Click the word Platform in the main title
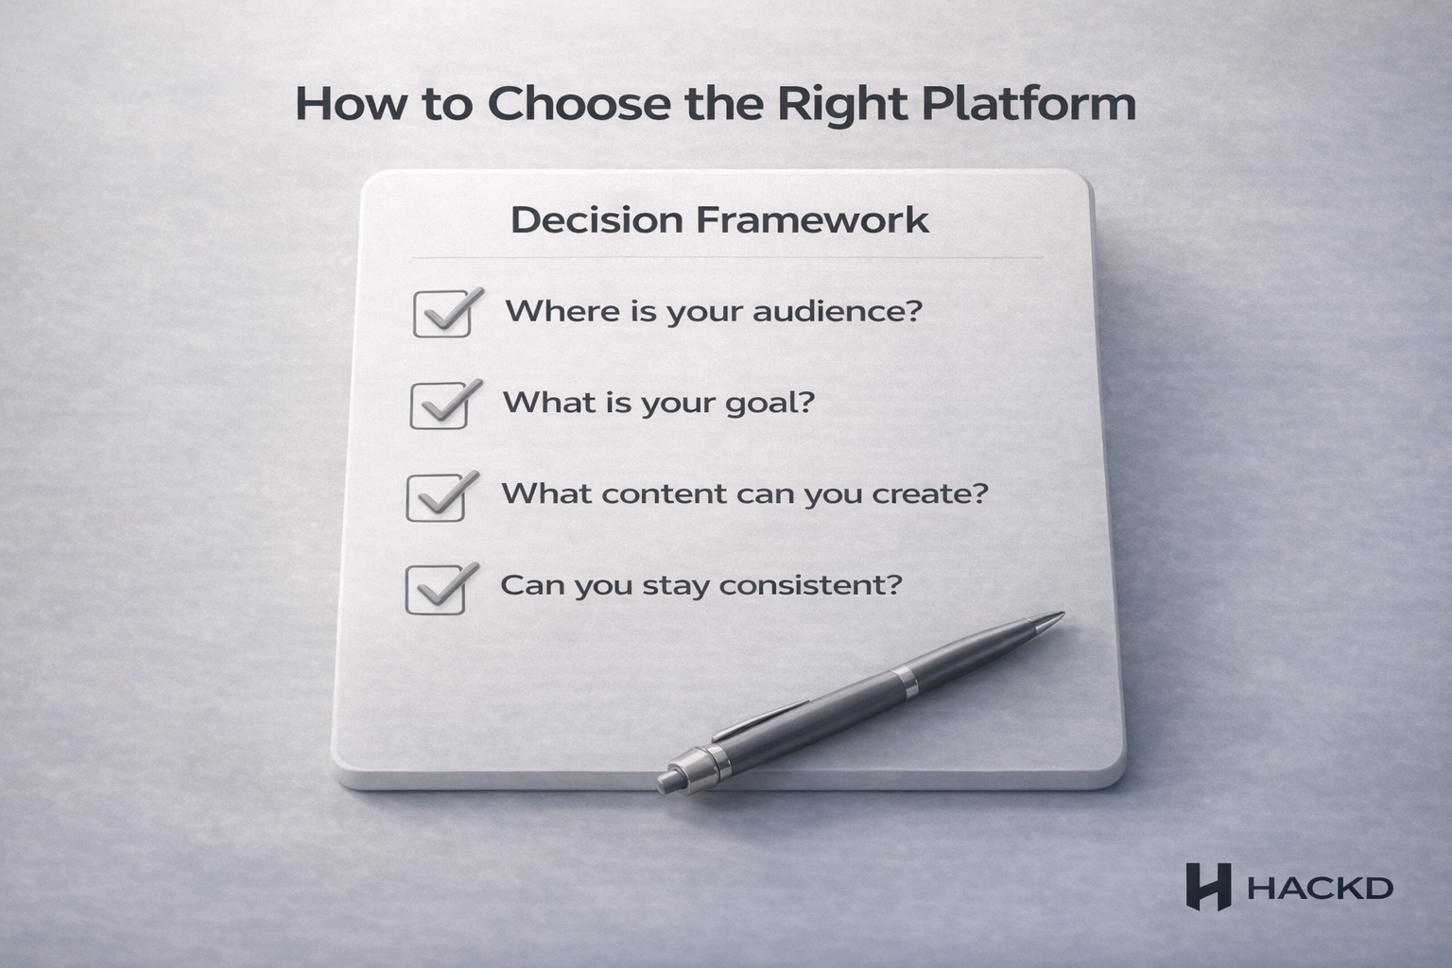pos(1028,104)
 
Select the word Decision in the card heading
pos(596,220)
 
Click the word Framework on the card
pos(812,220)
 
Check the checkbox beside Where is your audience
pos(442,314)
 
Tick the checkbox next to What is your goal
pos(440,406)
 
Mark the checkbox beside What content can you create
pos(436,497)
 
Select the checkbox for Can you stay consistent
pos(435,590)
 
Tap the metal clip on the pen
pos(761,719)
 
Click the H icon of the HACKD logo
pos(1208,887)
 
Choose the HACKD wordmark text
pos(1320,889)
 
